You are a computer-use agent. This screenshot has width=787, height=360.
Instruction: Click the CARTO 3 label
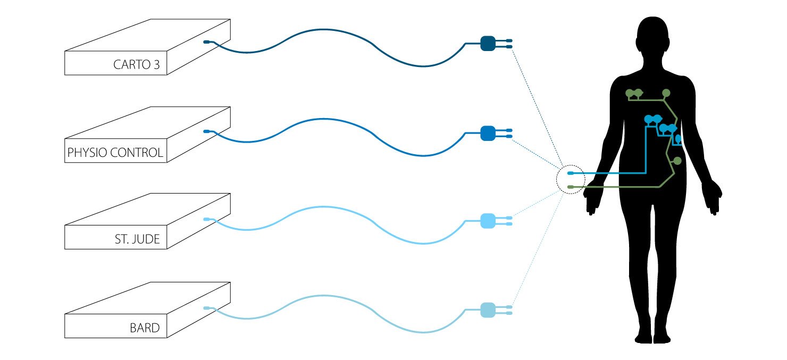[x=136, y=65]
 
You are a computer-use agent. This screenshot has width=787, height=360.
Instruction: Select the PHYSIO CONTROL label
[x=115, y=153]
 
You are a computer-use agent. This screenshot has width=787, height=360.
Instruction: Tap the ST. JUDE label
[x=137, y=239]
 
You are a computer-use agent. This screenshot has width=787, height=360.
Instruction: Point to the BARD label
[x=145, y=328]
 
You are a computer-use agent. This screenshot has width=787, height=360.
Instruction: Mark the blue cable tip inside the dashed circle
[x=571, y=173]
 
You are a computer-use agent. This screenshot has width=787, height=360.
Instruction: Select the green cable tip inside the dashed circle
[x=571, y=187]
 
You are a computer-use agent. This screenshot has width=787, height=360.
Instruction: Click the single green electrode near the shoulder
[x=666, y=93]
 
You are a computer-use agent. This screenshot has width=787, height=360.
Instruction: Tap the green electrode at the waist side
[x=677, y=161]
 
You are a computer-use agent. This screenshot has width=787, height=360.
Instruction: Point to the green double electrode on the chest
[x=634, y=94]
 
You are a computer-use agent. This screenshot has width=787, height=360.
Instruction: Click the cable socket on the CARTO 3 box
[x=207, y=42]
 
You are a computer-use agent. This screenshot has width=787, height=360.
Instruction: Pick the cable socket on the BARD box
[x=207, y=308]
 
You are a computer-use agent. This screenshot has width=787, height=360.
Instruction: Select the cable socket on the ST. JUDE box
[x=207, y=219]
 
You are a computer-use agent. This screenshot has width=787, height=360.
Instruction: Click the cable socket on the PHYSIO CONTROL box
[x=207, y=131]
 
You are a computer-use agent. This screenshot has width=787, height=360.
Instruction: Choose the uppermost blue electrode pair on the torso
[x=653, y=120]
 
